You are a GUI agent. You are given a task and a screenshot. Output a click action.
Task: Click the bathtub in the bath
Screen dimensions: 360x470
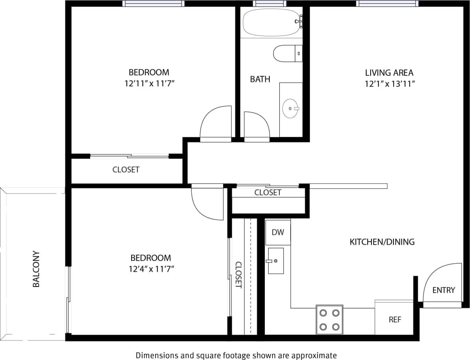pyautogui.click(x=271, y=22)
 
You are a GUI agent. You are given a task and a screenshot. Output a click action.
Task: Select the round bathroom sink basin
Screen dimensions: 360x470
pyautogui.click(x=290, y=108)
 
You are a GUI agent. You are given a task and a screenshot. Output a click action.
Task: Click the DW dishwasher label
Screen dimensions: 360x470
pyautogui.click(x=278, y=232)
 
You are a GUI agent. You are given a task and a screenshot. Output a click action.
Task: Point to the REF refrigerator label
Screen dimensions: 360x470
pyautogui.click(x=395, y=320)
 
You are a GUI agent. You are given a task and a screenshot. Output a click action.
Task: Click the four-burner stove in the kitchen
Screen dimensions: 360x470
pyautogui.click(x=330, y=320)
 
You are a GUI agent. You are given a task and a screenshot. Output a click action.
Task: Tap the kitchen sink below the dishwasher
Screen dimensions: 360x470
pyautogui.click(x=276, y=261)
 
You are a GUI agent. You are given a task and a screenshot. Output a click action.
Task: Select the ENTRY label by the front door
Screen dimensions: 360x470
pyautogui.click(x=443, y=290)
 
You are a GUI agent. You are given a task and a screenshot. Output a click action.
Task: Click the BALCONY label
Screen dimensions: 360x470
pyautogui.click(x=36, y=269)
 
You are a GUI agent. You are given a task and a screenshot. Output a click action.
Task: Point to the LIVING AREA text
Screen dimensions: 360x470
pyautogui.click(x=389, y=73)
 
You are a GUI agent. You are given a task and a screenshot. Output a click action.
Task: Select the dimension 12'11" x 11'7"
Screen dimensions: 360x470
pyautogui.click(x=149, y=84)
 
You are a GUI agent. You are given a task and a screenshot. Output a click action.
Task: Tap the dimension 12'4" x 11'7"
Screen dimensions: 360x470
pyautogui.click(x=149, y=269)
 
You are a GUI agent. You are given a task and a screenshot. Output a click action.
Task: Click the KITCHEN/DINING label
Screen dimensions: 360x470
pyautogui.click(x=382, y=242)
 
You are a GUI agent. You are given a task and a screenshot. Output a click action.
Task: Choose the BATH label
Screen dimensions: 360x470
pyautogui.click(x=260, y=79)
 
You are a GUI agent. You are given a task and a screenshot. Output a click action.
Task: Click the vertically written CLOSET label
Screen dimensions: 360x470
pyautogui.click(x=238, y=275)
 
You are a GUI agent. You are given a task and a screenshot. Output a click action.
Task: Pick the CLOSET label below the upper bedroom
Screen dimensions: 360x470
pyautogui.click(x=126, y=170)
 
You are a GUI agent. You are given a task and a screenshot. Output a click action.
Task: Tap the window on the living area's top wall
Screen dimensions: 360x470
pyautogui.click(x=387, y=4)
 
